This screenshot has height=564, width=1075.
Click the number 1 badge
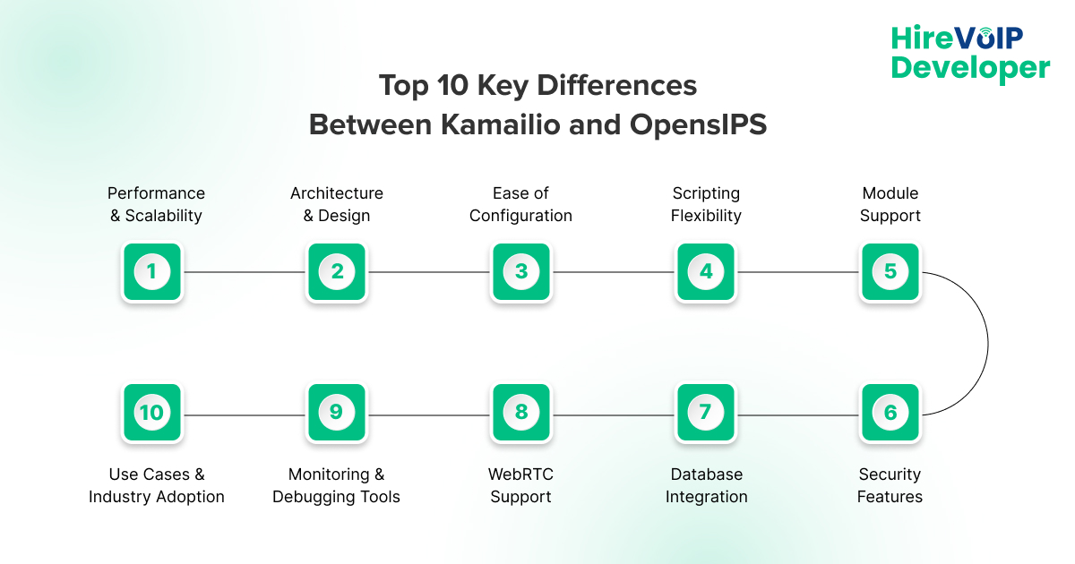click(151, 271)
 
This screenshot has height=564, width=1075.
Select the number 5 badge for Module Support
click(890, 271)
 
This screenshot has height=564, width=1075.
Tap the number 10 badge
click(151, 413)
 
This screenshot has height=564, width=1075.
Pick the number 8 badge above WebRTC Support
click(520, 413)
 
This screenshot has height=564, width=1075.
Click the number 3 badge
click(520, 271)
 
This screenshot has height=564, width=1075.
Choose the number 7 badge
click(705, 413)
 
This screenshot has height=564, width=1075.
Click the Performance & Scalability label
click(156, 204)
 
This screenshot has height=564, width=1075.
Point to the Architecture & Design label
click(337, 204)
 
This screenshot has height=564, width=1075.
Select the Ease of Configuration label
click(520, 204)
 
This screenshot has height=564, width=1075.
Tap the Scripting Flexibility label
click(706, 204)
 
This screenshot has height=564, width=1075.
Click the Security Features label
click(890, 485)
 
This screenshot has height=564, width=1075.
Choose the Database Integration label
click(706, 485)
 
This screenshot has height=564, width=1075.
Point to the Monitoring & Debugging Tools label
click(336, 485)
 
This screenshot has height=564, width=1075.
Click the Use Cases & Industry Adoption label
click(157, 485)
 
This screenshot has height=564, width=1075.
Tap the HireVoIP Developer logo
click(969, 53)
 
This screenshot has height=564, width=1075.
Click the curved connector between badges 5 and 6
click(987, 342)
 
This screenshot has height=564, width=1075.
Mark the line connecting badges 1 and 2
click(244, 271)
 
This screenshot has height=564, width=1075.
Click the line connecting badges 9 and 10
click(244, 414)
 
